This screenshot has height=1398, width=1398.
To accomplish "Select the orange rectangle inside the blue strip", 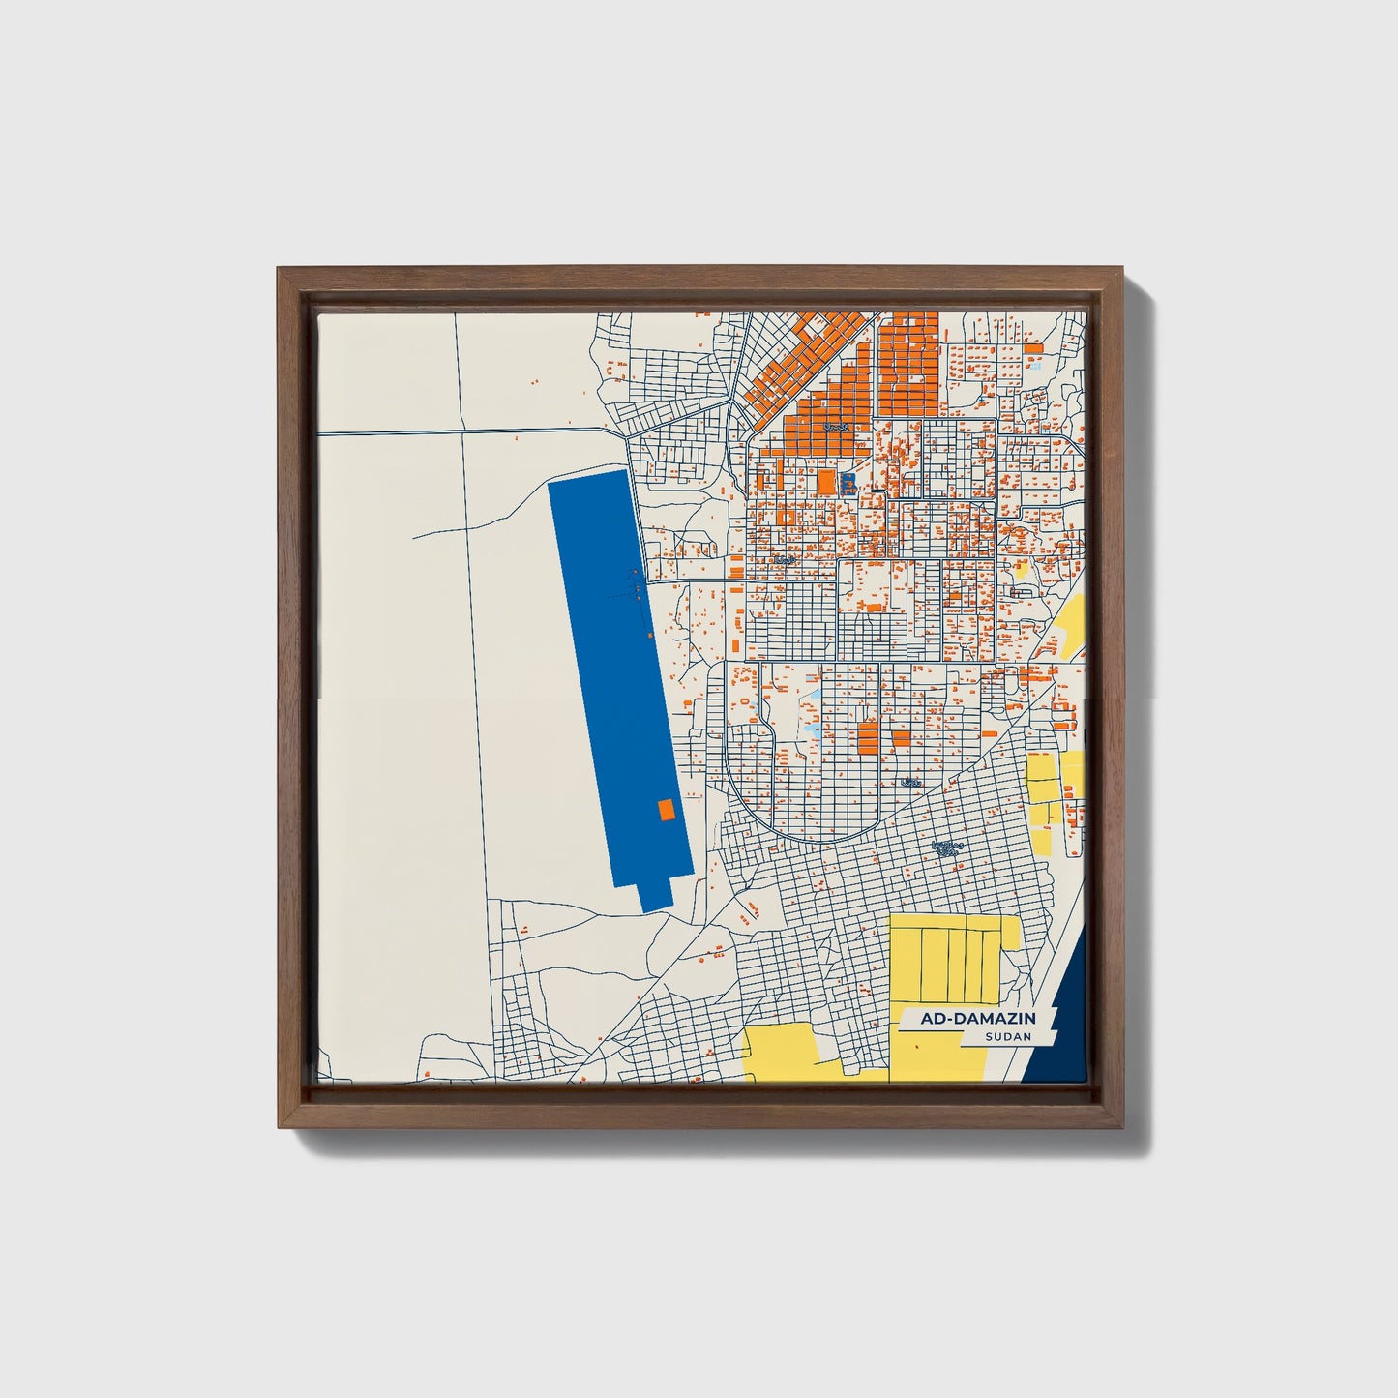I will point(665,810).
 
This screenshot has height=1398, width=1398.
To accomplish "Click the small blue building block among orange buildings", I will point(848,481).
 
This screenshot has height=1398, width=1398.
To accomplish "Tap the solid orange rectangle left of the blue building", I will point(826,481).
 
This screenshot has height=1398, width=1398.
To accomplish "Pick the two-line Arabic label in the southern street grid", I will point(946,848).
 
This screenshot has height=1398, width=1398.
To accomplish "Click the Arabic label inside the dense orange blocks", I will point(834,426).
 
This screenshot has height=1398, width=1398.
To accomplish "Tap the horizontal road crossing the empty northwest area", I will point(464,430).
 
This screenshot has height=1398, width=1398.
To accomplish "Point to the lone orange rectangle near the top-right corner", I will point(1033,347).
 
